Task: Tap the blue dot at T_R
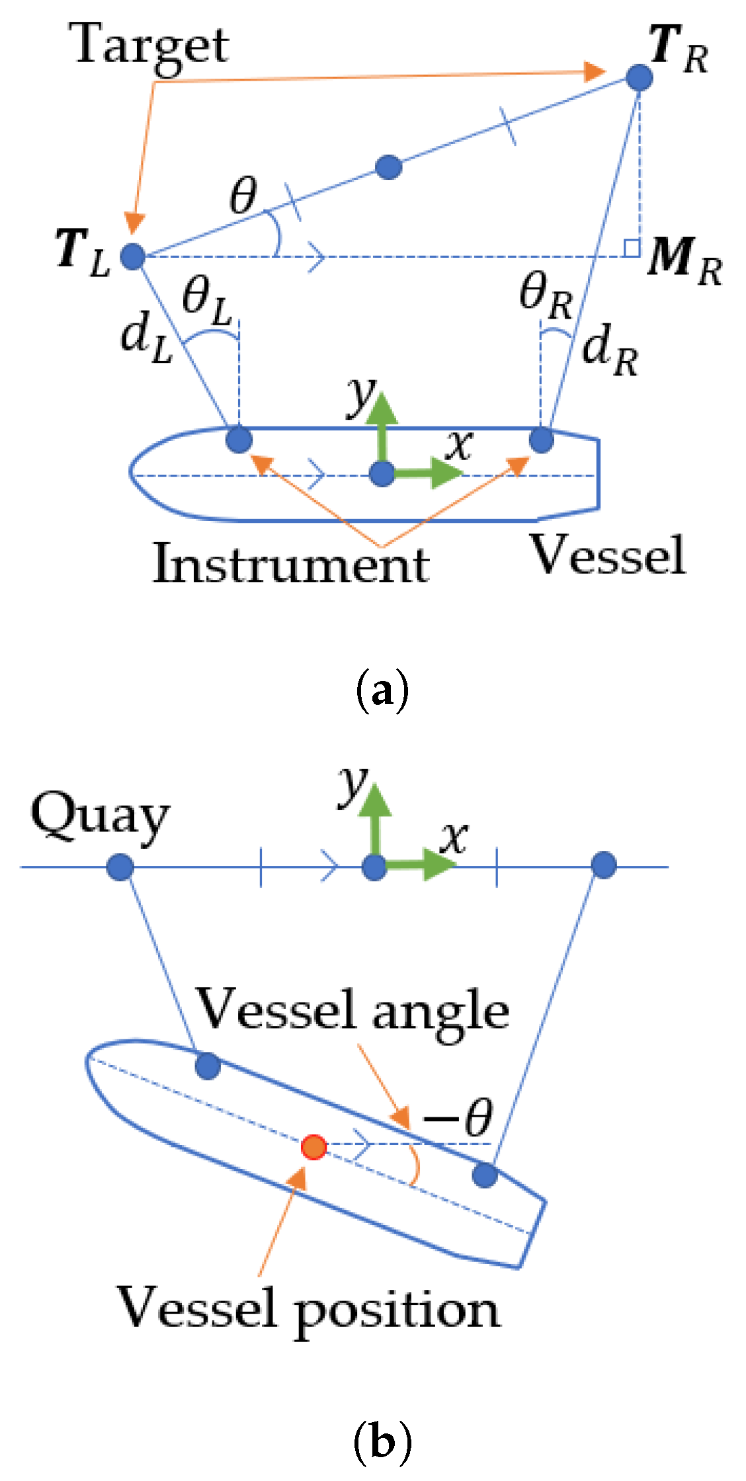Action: point(639,77)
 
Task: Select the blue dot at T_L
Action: point(133,256)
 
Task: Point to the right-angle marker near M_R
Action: point(632,248)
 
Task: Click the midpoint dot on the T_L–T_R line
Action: point(388,167)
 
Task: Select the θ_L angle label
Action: point(207,301)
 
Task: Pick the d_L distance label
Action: point(145,339)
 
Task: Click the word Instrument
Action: point(291,564)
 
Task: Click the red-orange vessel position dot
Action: point(313,1147)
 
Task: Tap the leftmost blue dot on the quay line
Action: point(120,866)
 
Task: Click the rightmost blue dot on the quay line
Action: point(603,865)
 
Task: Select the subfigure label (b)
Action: point(382,1443)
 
